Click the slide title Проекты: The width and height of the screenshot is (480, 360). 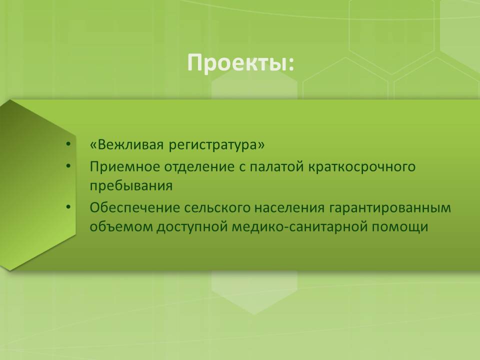point(240,63)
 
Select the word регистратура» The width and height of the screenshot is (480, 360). point(216,145)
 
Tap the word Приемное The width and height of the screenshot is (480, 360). point(125,167)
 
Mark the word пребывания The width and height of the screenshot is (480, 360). point(131,186)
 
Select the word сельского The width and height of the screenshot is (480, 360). point(217,208)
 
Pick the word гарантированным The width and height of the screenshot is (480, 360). point(390,208)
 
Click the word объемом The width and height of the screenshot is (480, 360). point(121,227)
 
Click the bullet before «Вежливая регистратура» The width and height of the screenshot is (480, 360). point(68,144)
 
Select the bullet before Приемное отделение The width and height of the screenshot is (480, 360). point(68,166)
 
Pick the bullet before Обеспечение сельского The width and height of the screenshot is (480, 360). point(68,207)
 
